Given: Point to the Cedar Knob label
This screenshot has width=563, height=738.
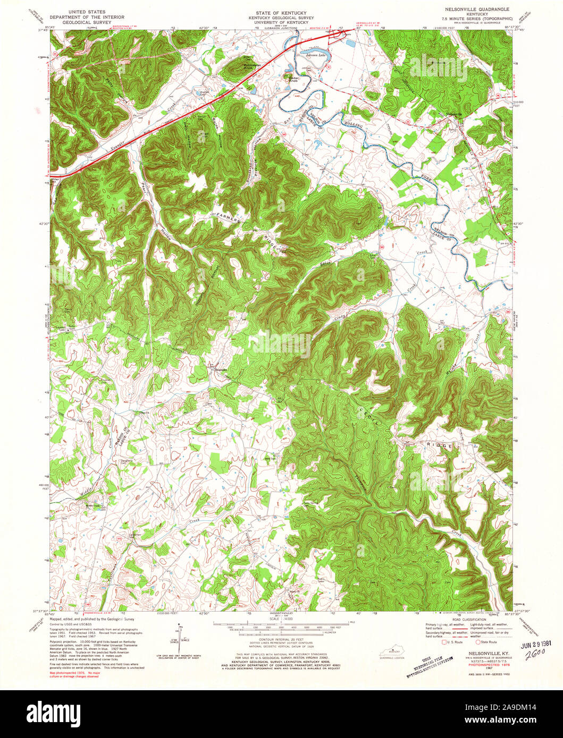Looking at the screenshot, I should (293, 80).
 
